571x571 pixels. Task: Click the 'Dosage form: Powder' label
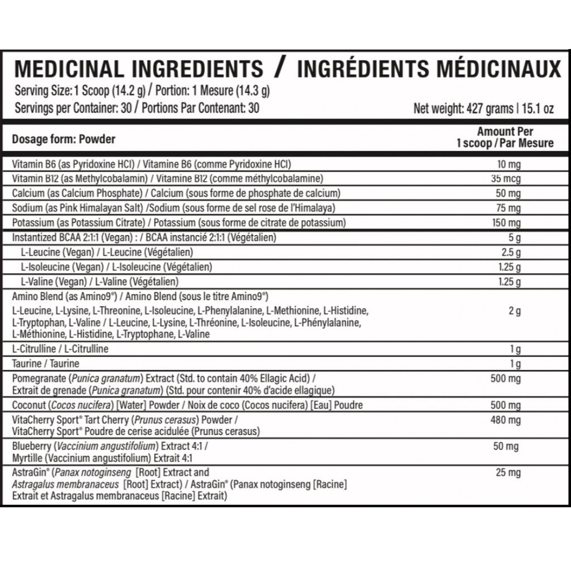point(64,139)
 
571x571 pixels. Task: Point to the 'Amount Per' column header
point(505,132)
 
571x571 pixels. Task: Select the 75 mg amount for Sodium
point(509,208)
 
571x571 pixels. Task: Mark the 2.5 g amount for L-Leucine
point(510,252)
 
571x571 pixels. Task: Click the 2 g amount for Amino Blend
point(514,311)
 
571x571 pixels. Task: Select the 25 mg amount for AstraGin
point(508,473)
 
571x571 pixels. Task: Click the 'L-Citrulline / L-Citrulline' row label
point(60,349)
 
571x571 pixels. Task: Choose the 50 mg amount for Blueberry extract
point(506,446)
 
